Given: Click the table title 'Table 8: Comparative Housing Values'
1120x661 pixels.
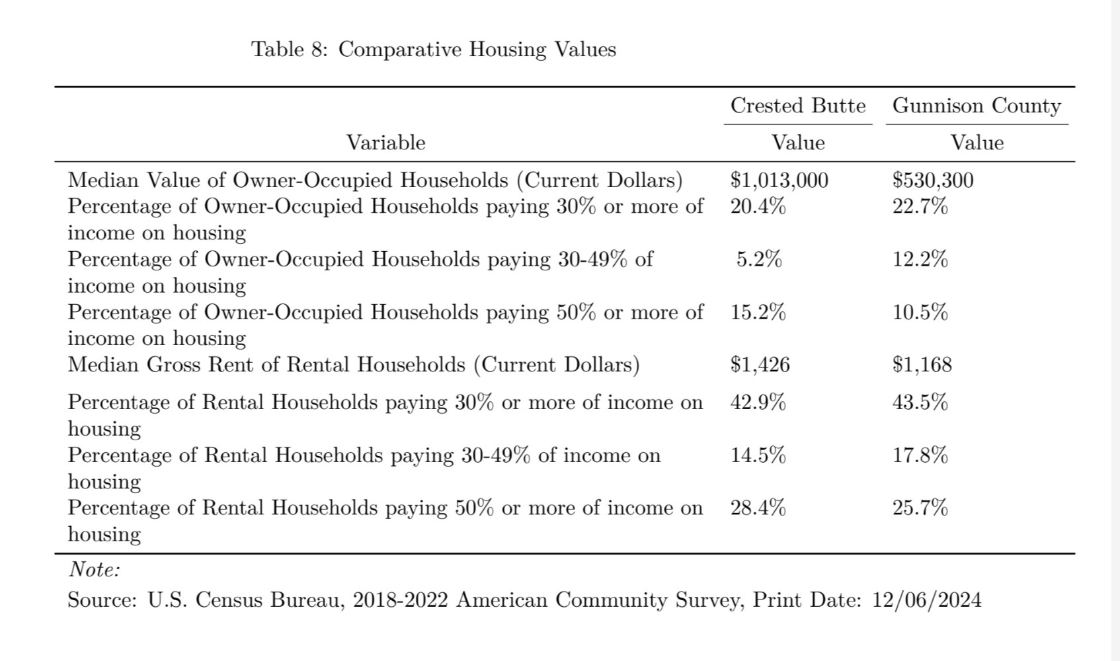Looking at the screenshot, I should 434,50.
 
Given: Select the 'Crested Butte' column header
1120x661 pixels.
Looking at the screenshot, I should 797,106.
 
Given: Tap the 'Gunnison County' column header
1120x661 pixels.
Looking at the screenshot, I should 977,106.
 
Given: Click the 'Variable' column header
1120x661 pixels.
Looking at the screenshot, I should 386,143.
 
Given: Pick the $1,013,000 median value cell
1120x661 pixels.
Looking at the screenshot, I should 779,180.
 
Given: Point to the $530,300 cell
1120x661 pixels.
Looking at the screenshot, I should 932,180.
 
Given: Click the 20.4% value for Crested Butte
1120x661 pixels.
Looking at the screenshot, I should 758,207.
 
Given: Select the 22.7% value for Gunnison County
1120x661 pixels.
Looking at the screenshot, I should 920,207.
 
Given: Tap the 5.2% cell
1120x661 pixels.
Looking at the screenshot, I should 759,259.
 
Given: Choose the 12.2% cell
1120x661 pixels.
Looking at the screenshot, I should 920,259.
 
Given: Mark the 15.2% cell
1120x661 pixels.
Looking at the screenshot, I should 758,312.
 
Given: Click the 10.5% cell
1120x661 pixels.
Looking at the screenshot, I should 920,312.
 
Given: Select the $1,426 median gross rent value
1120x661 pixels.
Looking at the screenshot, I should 760,365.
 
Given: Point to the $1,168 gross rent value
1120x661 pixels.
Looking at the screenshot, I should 922,365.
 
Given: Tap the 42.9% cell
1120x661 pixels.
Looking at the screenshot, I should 758,403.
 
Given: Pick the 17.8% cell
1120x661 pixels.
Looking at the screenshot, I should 920,455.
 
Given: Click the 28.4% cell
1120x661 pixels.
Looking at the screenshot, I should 758,508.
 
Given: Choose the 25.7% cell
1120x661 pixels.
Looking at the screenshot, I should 920,508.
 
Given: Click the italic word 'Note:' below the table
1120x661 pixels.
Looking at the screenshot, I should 94,569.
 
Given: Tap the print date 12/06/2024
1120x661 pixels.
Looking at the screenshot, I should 926,600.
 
